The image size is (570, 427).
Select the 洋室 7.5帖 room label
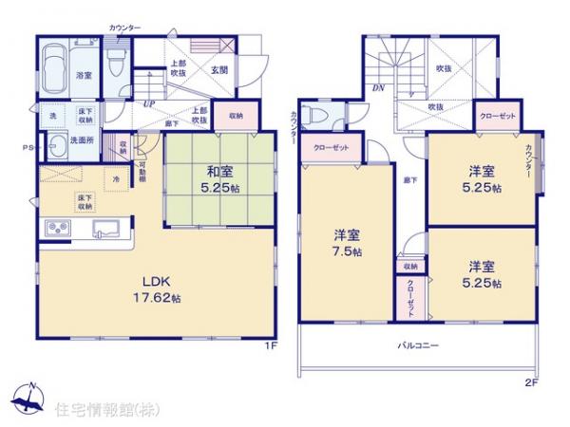click(x=346, y=242)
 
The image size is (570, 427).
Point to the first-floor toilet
click(x=115, y=65)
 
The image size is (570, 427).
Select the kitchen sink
click(x=104, y=229)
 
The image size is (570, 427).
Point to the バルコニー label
click(x=417, y=345)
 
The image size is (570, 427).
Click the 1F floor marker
click(x=271, y=345)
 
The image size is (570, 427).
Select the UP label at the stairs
click(x=148, y=104)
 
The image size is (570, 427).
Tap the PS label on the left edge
click(x=28, y=147)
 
